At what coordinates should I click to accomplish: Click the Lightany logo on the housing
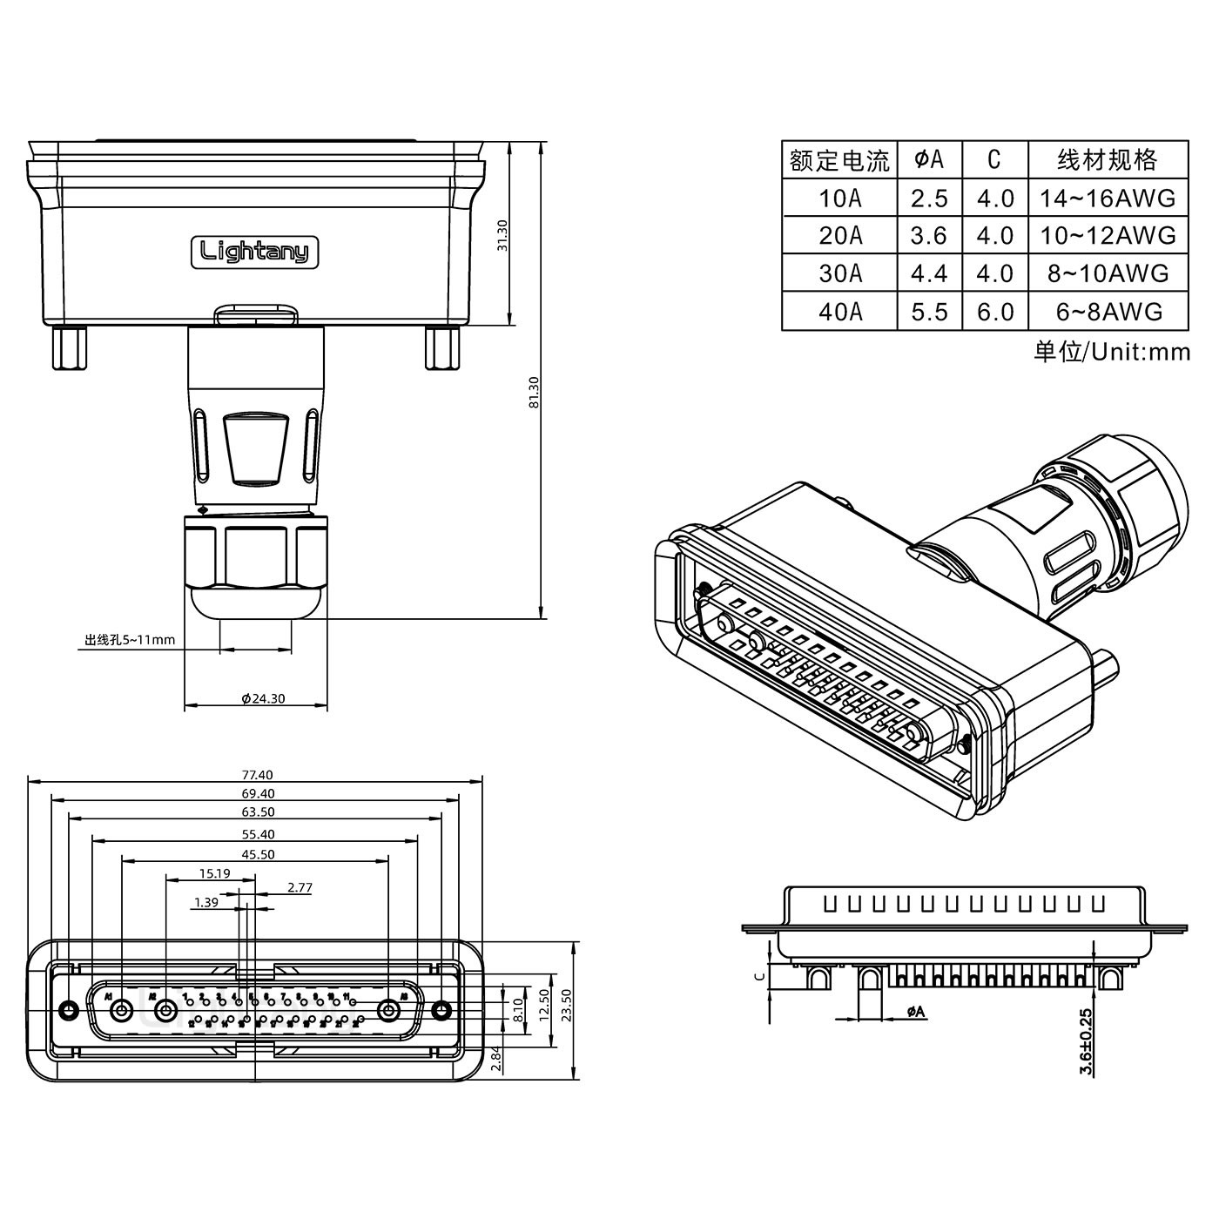(x=255, y=253)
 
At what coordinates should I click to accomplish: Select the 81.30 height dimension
(x=534, y=392)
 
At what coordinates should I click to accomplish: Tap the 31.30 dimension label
(x=502, y=235)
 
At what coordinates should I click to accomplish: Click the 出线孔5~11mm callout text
(x=130, y=640)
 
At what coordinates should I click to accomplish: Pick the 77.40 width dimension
(x=257, y=774)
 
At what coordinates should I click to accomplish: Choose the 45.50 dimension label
(x=257, y=854)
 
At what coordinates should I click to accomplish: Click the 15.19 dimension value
(x=214, y=873)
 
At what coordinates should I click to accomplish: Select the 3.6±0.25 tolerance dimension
(x=1085, y=1042)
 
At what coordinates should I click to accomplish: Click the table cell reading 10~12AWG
(x=1108, y=235)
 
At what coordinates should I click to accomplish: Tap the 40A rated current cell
(x=839, y=312)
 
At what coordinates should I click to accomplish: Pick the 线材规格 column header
(x=1108, y=159)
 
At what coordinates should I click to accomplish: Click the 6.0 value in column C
(x=994, y=312)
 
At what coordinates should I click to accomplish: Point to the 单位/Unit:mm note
(x=1111, y=352)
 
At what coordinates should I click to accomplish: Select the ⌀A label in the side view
(x=915, y=1012)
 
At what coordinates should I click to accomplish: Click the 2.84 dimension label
(x=495, y=1059)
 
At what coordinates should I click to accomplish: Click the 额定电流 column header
(x=839, y=160)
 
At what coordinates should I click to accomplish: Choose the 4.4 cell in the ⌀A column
(x=929, y=273)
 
